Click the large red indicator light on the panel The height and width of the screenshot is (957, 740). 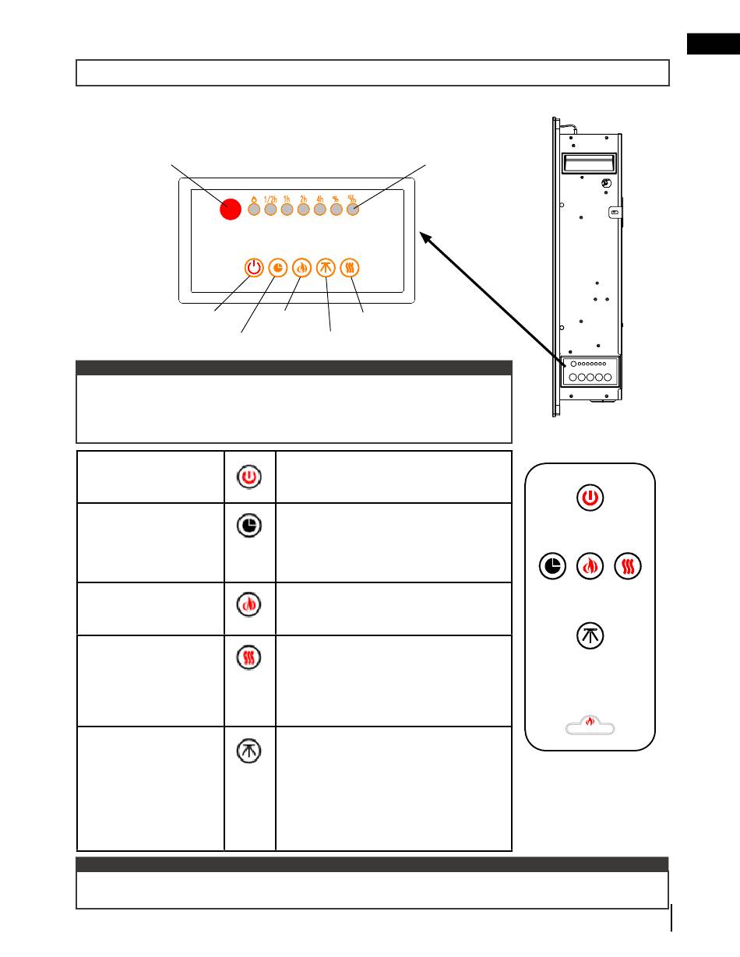(x=230, y=209)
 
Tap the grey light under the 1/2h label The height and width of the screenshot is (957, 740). (x=270, y=209)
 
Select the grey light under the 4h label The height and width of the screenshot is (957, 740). (x=319, y=209)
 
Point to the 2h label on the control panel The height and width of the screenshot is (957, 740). (x=304, y=199)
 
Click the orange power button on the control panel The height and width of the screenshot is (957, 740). (x=253, y=267)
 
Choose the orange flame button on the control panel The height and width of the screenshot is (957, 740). (x=301, y=267)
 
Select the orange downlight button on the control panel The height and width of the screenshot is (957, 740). (x=326, y=267)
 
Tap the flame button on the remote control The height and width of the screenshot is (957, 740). (x=590, y=566)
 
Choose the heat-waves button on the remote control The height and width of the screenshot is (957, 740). (x=629, y=566)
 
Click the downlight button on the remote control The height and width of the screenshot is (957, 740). (x=590, y=635)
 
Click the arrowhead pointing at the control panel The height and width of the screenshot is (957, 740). (x=425, y=235)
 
